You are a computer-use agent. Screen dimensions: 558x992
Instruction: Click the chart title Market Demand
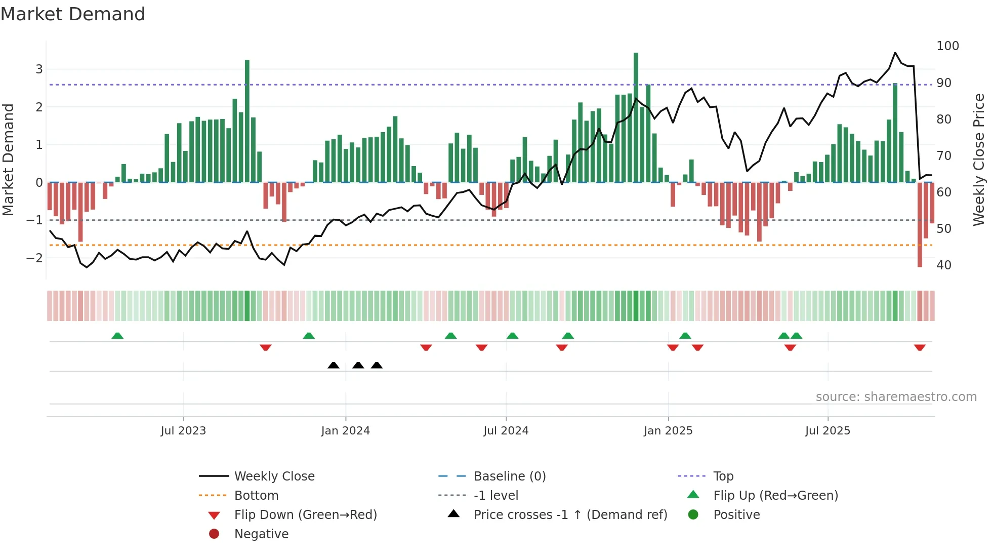click(x=73, y=14)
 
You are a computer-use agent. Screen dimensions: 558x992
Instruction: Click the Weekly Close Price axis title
click(x=979, y=160)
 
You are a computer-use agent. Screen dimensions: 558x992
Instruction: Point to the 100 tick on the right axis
click(x=947, y=46)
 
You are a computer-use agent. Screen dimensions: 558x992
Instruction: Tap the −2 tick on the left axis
click(x=34, y=258)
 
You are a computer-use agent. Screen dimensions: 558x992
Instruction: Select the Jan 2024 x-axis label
click(x=345, y=431)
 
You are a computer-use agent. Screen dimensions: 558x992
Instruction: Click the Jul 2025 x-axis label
click(x=828, y=431)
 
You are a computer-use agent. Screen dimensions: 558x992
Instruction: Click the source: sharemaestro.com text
click(x=896, y=397)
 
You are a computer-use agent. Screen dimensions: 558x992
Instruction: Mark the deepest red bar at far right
click(x=920, y=225)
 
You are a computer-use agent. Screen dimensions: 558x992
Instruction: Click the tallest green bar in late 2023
click(x=247, y=122)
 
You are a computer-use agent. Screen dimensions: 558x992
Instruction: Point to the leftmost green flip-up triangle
click(x=117, y=336)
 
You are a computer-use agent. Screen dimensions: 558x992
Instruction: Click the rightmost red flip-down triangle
click(x=920, y=347)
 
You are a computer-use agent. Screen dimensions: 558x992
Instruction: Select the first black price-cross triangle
click(x=333, y=365)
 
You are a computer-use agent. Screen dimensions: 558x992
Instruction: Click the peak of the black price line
click(x=895, y=53)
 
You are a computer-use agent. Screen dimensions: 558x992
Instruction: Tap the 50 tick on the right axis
click(x=943, y=229)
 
